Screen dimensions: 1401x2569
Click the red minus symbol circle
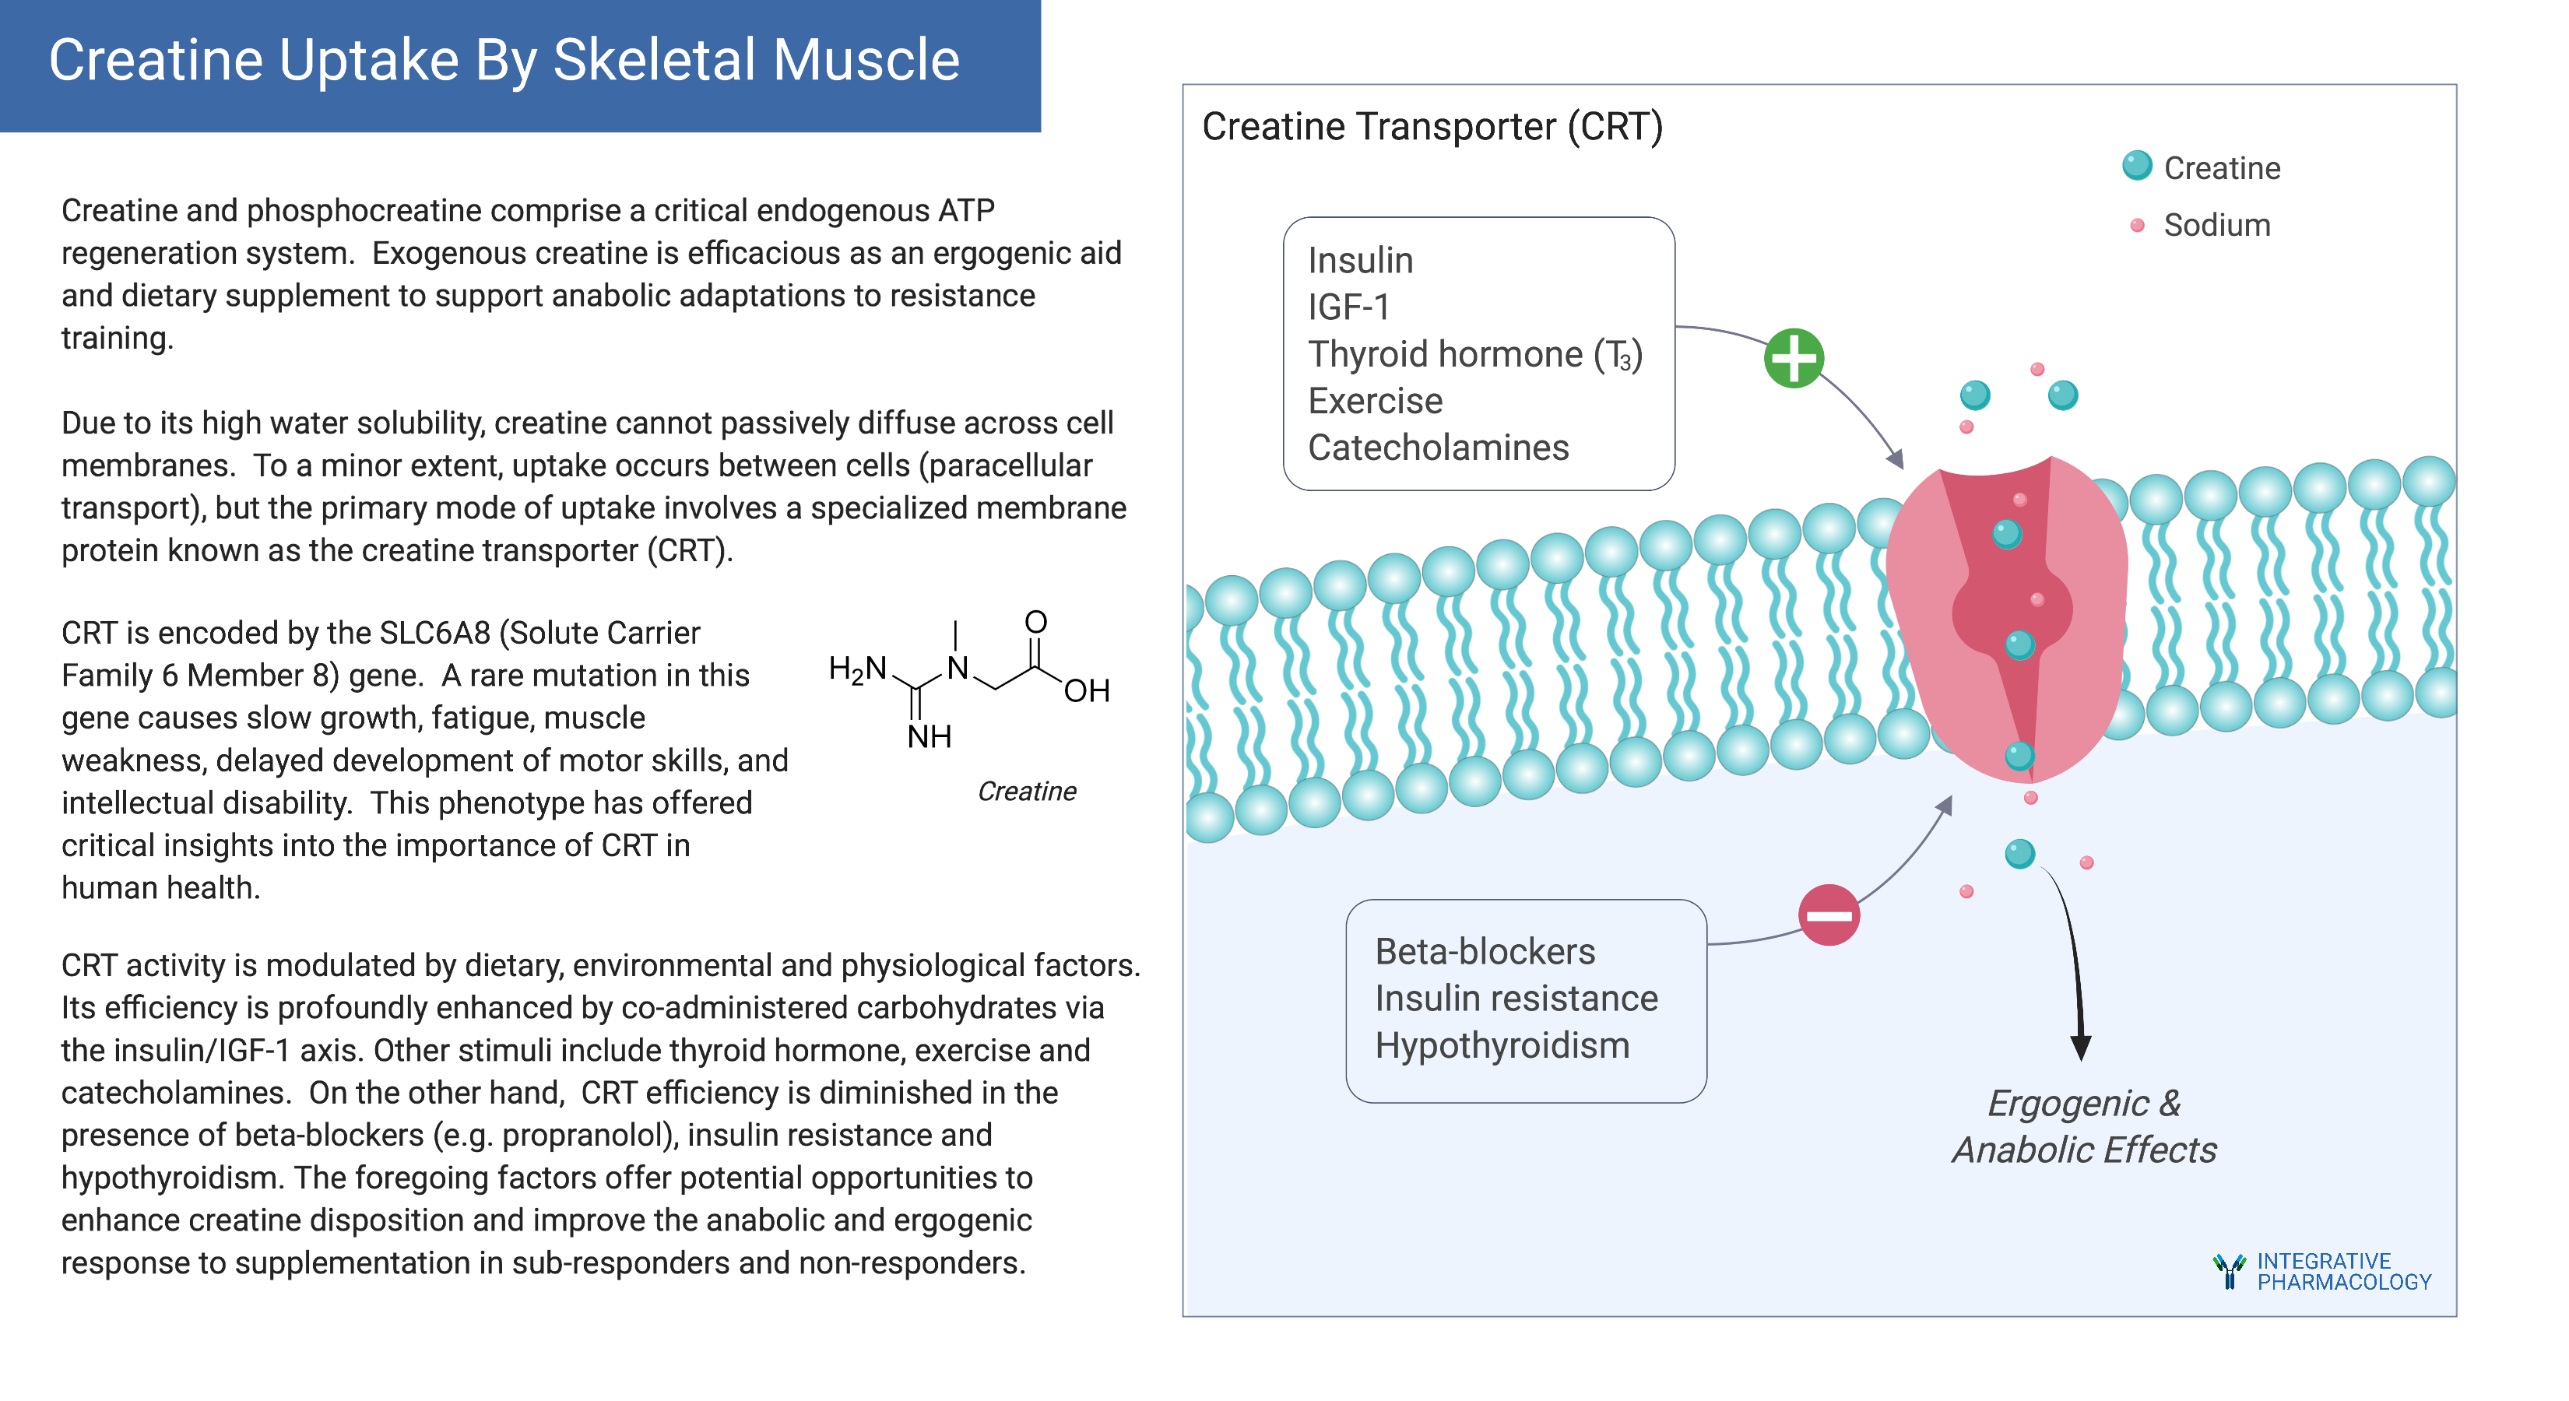[x=1828, y=915]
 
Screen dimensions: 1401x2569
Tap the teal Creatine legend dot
[x=2136, y=166]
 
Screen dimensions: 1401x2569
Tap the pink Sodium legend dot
[x=2136, y=226]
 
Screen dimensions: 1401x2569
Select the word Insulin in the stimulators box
[x=1360, y=262]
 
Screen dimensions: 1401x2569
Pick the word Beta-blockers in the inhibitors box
[x=1485, y=952]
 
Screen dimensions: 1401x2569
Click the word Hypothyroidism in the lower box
[x=1502, y=1046]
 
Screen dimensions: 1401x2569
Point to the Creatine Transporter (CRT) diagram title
[x=1432, y=128]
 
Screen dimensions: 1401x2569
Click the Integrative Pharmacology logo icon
[x=2229, y=1271]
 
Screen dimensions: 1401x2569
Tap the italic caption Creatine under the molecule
[x=1026, y=792]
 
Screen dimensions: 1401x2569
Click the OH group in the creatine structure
[x=1086, y=691]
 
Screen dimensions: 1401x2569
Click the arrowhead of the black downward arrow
[x=2080, y=1047]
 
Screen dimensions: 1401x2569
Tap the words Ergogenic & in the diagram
[x=2083, y=1104]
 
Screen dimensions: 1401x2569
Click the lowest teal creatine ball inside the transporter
[x=2019, y=756]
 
